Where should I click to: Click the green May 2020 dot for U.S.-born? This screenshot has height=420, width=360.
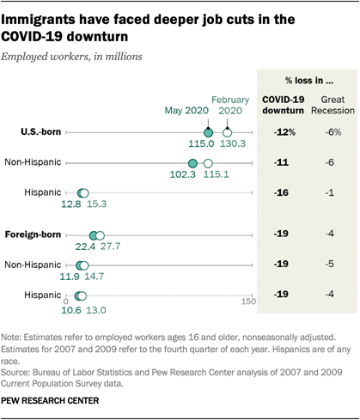pos(208,132)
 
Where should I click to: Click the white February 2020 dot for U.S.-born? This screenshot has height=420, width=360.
pos(227,132)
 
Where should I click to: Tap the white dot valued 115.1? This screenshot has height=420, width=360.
pos(208,162)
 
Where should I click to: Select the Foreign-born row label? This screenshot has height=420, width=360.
pos(33,234)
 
